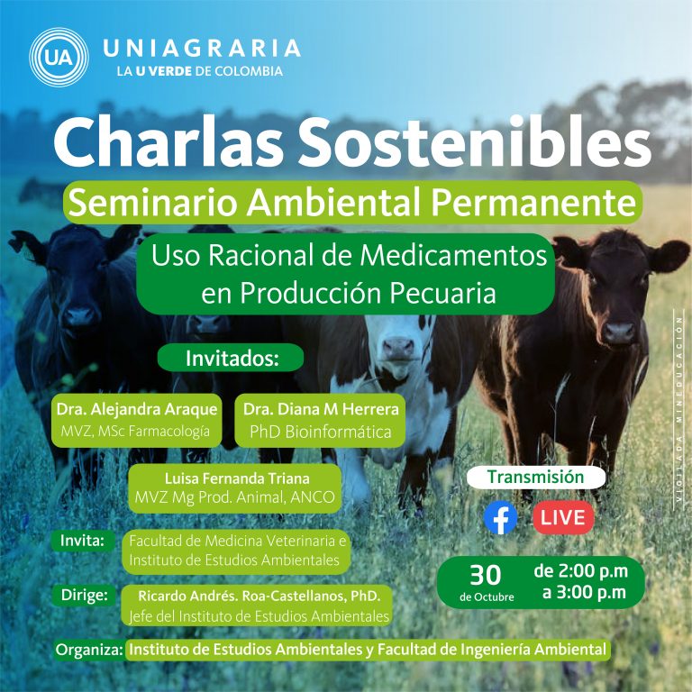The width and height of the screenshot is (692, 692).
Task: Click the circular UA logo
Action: point(59,58)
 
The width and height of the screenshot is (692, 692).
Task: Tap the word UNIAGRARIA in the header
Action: point(202,48)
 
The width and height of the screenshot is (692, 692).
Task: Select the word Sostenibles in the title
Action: point(477,141)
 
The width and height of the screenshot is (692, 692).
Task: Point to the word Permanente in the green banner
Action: point(533,203)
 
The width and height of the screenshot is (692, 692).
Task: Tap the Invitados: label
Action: point(232,358)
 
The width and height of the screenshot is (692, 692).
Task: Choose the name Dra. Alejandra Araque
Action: point(137,409)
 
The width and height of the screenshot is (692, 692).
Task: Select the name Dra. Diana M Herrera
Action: point(321,409)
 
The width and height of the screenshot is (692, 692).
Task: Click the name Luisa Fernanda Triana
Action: point(237,478)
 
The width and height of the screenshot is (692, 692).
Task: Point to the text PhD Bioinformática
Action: point(321,432)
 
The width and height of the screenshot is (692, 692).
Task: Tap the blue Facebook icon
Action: point(500,517)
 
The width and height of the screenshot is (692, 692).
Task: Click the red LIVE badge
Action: point(563,517)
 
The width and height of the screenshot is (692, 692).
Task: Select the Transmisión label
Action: point(536,477)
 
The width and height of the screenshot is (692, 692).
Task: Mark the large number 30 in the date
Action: point(486,575)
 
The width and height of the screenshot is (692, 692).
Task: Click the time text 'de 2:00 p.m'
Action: point(581,570)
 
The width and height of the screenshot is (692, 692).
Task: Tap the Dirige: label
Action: point(85,595)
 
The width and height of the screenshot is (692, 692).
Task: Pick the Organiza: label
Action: point(89,650)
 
